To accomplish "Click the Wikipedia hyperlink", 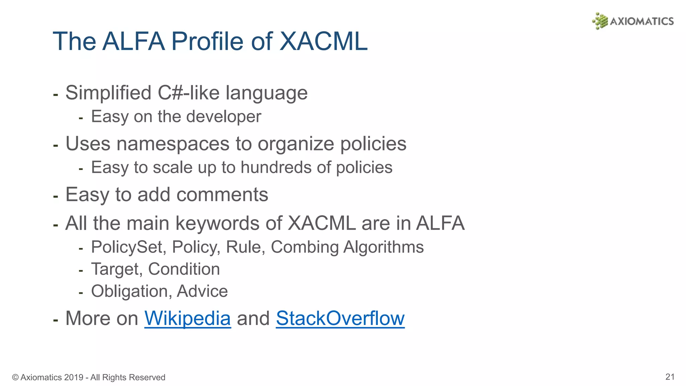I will pyautogui.click(x=187, y=318).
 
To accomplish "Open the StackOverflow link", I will pyautogui.click(x=340, y=318).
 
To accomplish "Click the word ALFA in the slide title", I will pyautogui.click(x=134, y=41).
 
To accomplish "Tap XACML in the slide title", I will pyautogui.click(x=323, y=41).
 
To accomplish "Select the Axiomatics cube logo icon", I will pyautogui.click(x=600, y=21).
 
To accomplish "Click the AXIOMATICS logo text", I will pyautogui.click(x=641, y=21).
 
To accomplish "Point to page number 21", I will pyautogui.click(x=670, y=377).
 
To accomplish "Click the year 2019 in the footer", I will pyautogui.click(x=74, y=377).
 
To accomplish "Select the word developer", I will pyautogui.click(x=223, y=117).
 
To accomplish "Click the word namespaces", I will pyautogui.click(x=173, y=144).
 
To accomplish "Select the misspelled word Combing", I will pyautogui.click(x=304, y=247).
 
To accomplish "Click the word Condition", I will pyautogui.click(x=184, y=269).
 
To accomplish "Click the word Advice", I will pyautogui.click(x=202, y=291).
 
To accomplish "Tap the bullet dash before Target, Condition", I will pyautogui.click(x=81, y=270).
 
